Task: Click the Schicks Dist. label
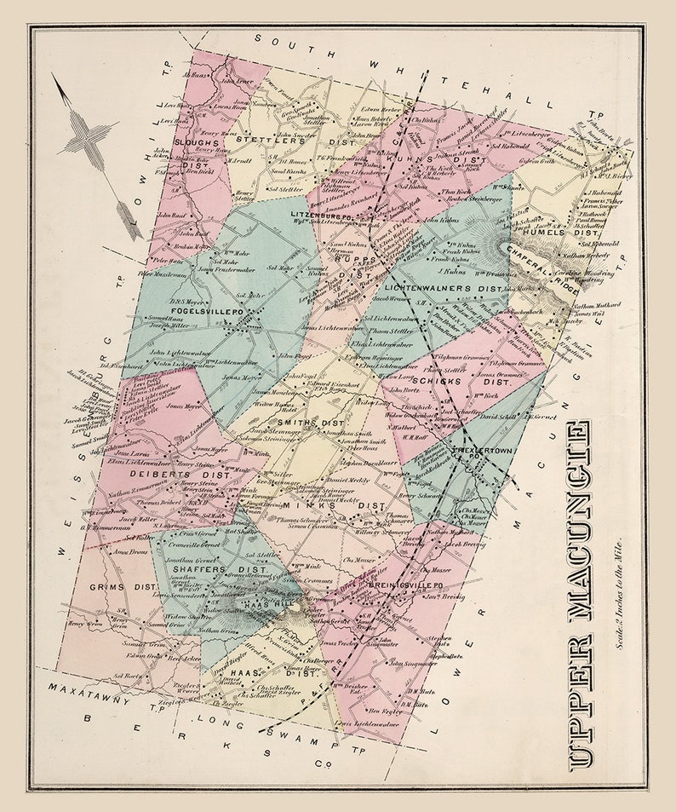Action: pos(461,381)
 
